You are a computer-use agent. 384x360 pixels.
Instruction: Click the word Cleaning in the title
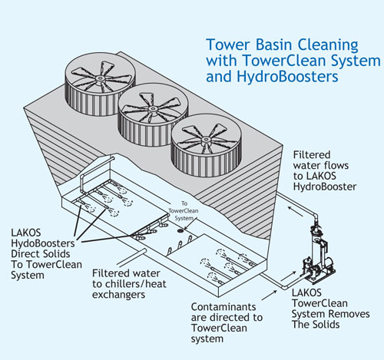coord(327,46)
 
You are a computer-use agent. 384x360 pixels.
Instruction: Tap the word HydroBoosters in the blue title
coord(287,77)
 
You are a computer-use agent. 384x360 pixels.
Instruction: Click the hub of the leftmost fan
coord(100,78)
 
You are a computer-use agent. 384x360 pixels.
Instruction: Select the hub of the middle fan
coord(153,109)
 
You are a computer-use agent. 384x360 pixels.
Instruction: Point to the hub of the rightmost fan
coord(206,140)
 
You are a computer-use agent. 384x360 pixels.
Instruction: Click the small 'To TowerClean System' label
coord(184,211)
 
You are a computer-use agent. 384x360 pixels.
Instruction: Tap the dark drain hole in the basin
coord(181,231)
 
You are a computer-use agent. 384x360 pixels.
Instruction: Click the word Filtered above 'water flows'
coord(312,155)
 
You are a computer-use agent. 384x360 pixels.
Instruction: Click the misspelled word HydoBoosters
coord(43,243)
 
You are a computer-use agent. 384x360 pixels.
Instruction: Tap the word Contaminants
coord(223,306)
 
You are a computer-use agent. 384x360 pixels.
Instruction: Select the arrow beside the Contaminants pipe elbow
coord(270,295)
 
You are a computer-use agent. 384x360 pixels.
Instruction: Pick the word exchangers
coord(118,295)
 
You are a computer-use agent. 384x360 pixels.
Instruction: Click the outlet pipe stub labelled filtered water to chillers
coord(132,257)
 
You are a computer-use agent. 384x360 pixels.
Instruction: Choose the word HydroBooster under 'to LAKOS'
coord(325,187)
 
